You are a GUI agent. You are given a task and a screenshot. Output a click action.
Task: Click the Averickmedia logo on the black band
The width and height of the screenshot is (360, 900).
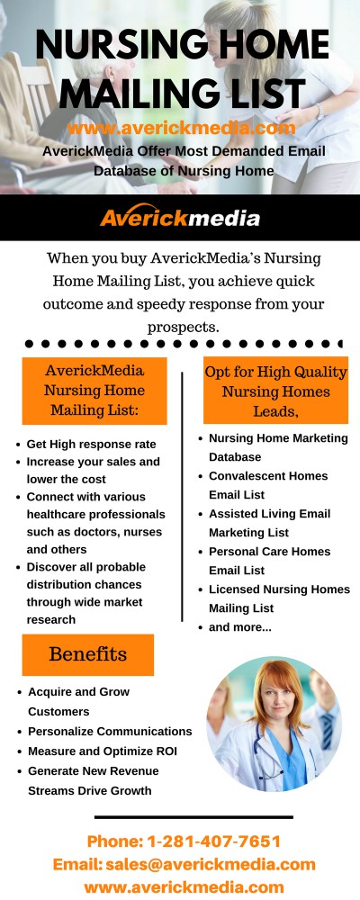tap(180, 216)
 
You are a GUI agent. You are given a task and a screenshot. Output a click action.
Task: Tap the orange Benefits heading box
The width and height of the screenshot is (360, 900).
tap(88, 654)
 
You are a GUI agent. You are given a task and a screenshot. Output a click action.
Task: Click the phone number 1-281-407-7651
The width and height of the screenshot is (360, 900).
tap(214, 841)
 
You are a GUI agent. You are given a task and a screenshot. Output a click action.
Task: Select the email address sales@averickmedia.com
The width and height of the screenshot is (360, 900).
tap(210, 864)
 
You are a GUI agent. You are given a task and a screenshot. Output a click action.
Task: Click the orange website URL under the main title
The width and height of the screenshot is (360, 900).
tap(182, 128)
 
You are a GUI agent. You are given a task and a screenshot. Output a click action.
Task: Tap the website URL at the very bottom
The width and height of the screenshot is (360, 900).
tap(184, 886)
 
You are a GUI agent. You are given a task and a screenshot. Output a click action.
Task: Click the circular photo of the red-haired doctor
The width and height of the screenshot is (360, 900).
tap(274, 724)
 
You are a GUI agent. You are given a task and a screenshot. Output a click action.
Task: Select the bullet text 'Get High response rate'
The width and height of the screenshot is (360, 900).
tap(91, 445)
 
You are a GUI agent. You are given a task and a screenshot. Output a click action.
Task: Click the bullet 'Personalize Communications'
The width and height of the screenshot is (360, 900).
tap(110, 731)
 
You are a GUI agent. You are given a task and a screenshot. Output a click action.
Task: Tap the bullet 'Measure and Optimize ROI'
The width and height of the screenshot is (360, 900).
tap(103, 751)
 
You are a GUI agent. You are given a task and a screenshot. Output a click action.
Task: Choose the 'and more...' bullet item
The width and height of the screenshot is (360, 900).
tap(240, 627)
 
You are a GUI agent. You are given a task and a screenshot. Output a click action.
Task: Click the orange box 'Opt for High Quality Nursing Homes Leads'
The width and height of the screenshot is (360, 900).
tap(275, 391)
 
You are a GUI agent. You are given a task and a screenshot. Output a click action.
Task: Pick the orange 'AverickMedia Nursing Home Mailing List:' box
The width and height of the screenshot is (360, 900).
tap(94, 391)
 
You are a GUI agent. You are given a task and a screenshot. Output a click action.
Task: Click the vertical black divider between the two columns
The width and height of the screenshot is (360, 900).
tap(182, 497)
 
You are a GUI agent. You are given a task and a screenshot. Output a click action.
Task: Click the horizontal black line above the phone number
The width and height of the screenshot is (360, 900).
tap(193, 817)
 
